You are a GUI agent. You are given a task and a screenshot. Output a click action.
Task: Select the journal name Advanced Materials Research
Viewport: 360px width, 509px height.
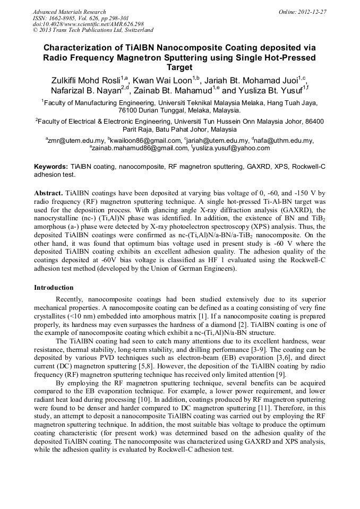(x=69, y=12)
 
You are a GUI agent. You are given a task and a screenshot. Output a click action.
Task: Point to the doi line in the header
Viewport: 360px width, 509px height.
(x=88, y=24)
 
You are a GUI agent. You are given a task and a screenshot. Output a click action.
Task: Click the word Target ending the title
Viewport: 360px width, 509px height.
(x=179, y=68)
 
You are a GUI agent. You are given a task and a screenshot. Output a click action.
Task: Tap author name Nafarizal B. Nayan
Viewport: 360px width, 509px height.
(x=85, y=90)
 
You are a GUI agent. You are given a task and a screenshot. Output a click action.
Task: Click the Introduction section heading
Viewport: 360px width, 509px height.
(x=54, y=288)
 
